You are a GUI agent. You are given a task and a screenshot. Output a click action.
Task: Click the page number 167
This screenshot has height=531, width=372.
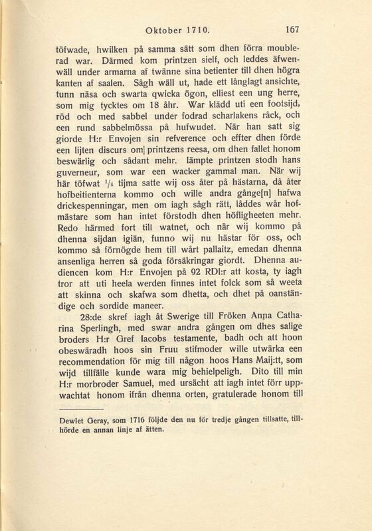pos(312,29)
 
